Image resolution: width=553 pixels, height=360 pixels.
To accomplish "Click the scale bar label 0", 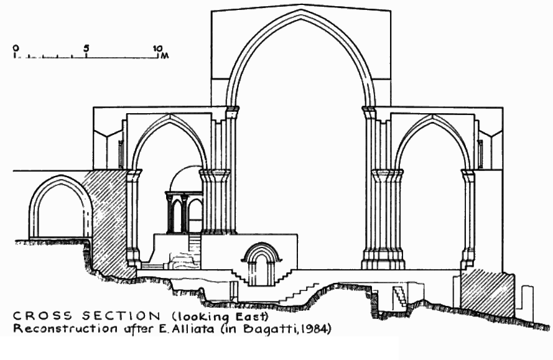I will click(16, 48).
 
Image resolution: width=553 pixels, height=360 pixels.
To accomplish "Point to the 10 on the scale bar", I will click(158, 48).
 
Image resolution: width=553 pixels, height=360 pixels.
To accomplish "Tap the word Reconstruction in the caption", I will click(57, 328).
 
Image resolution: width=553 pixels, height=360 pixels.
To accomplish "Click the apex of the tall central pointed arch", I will click(301, 13).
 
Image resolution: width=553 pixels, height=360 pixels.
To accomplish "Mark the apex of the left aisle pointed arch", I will click(169, 118).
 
